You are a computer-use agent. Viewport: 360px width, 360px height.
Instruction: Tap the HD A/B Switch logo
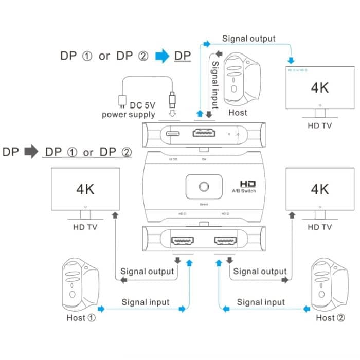coord(247,186)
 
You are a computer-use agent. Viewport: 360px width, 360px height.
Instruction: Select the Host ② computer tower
coord(329,284)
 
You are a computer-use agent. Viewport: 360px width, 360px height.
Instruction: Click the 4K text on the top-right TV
coord(319,87)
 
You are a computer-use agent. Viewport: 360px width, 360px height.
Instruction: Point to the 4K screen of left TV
coord(85,189)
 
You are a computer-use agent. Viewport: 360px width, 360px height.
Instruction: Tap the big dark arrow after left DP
coord(31,152)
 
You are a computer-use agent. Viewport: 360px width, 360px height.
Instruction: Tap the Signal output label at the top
coord(248,39)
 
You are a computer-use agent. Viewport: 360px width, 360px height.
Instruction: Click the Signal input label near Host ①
coord(145,302)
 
